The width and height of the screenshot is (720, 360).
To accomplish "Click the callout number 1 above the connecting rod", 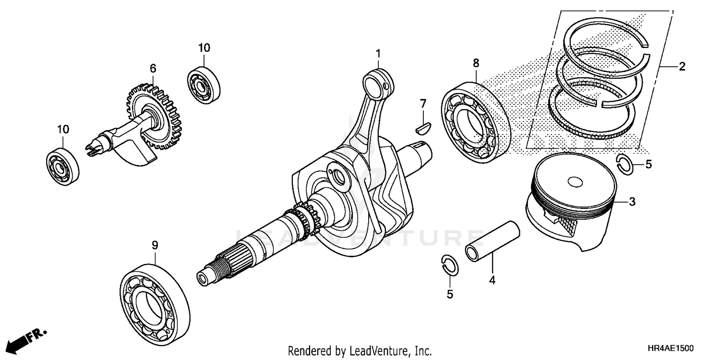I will pyautogui.click(x=378, y=52).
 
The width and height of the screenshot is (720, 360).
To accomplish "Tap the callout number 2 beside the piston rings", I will pyautogui.click(x=682, y=67).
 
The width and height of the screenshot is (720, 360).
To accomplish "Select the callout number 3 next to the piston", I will pyautogui.click(x=632, y=202).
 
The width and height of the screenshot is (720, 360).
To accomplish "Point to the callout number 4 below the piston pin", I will pyautogui.click(x=492, y=279).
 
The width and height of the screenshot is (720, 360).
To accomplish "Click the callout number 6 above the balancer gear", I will pyautogui.click(x=153, y=69).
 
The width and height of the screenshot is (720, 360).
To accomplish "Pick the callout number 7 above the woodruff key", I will pyautogui.click(x=423, y=103).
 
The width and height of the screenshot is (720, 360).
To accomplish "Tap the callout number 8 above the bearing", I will pyautogui.click(x=476, y=62).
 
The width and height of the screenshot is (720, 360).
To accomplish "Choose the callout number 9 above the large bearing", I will pyautogui.click(x=155, y=245).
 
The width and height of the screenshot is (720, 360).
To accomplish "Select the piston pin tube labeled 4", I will pyautogui.click(x=492, y=240).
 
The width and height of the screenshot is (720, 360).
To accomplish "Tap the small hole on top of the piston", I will pyautogui.click(x=574, y=182).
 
